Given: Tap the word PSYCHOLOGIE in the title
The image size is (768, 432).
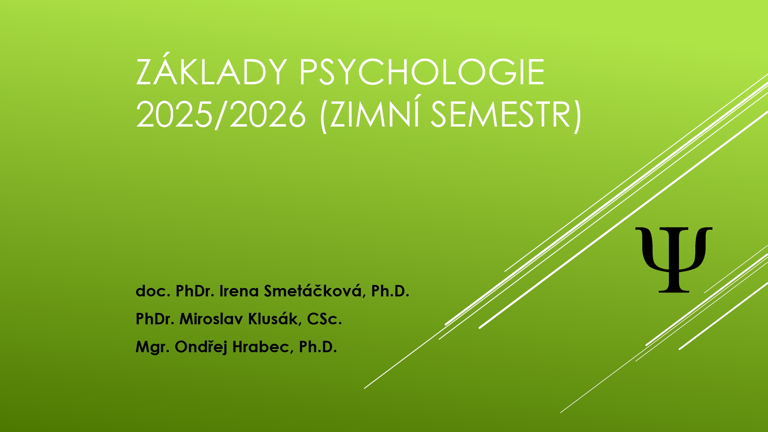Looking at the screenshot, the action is pyautogui.click(x=421, y=72).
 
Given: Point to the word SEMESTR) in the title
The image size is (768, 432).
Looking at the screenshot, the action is pyautogui.click(x=506, y=115).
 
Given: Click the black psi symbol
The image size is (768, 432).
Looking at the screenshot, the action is pyautogui.click(x=674, y=260).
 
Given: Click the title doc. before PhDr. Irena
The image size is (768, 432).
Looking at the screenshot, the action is pyautogui.click(x=153, y=291).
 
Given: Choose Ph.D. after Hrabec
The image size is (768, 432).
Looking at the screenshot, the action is pyautogui.click(x=318, y=347).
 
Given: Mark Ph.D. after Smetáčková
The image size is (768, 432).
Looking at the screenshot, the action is pyautogui.click(x=390, y=291).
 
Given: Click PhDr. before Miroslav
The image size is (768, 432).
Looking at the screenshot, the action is pyautogui.click(x=155, y=319).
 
